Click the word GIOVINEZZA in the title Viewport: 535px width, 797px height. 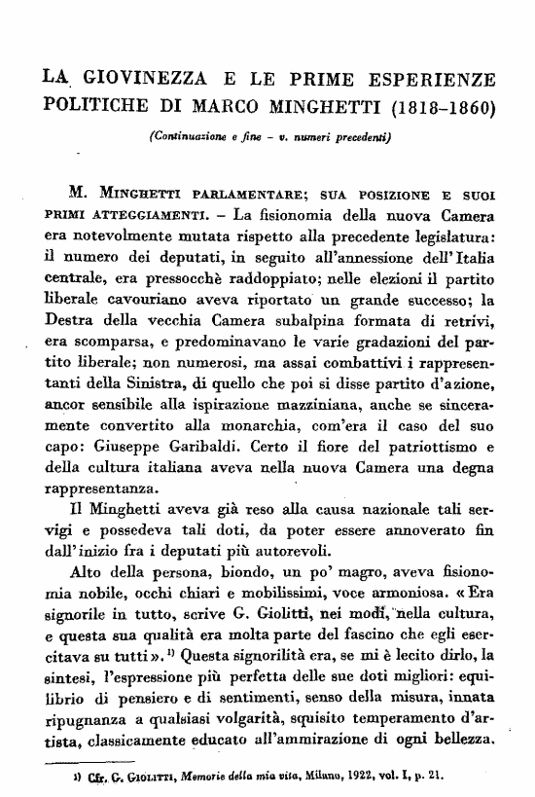tap(131, 74)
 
